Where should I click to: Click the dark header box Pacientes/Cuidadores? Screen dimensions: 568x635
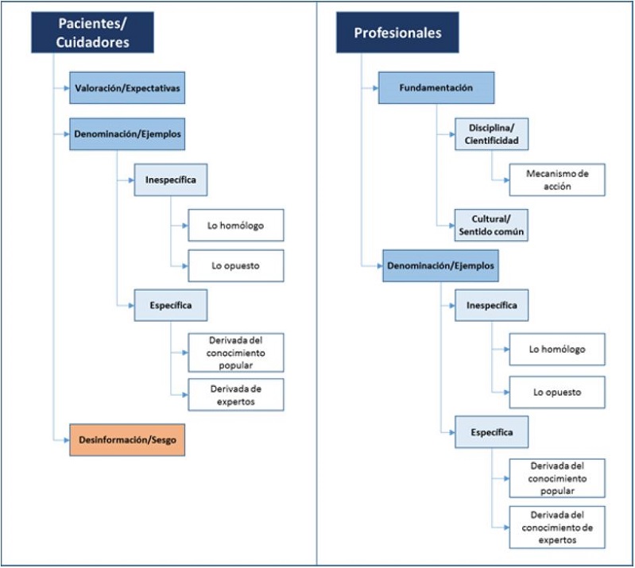93,33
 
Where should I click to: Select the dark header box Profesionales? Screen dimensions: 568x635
397,33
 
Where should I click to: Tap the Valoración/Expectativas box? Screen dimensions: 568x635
127,88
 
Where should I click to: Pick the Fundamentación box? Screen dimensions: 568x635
436,88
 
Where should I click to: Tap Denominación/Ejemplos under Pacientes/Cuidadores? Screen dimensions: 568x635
127,134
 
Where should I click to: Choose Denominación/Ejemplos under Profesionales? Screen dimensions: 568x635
440,265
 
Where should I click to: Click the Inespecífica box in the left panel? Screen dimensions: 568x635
170,180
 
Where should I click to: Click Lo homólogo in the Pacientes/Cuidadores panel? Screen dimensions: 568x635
235,226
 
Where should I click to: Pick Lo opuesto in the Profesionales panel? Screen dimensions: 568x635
556,392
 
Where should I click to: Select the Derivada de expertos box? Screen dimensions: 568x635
235,393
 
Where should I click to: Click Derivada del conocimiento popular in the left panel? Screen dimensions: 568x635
235,352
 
